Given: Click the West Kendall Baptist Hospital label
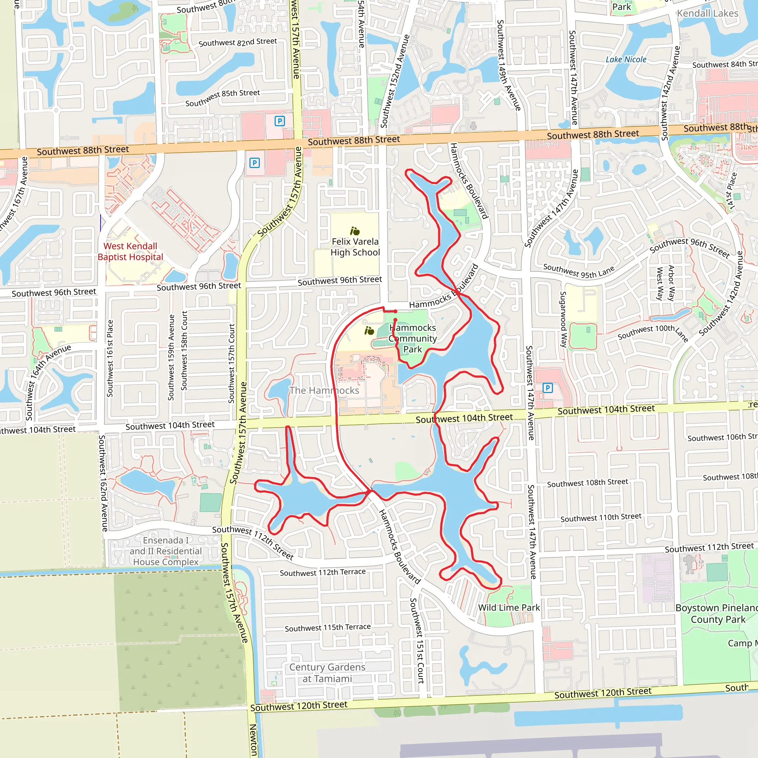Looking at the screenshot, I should click(130, 251).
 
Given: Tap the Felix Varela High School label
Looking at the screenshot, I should click(355, 247).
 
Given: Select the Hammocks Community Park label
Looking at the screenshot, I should click(412, 338).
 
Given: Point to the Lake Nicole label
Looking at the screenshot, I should click(626, 60).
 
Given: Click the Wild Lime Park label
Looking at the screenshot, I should click(509, 608).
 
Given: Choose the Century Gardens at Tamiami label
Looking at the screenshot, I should click(327, 673).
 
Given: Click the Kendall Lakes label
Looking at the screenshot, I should click(707, 13).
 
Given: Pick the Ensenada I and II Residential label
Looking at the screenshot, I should click(165, 551).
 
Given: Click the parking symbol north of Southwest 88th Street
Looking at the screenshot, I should click(279, 121).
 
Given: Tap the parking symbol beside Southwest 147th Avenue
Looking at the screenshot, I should click(547, 388).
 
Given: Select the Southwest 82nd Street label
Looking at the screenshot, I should click(238, 42).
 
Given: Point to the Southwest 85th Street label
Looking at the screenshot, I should click(222, 97).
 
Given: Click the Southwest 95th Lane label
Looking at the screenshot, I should click(579, 271).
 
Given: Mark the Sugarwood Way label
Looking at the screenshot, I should click(563, 319).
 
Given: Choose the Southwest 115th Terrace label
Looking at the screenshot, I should click(328, 627).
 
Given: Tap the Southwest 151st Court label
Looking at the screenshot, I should click(417, 640).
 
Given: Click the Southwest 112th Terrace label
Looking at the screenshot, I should click(322, 573).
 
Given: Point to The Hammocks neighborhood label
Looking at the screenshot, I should click(324, 390).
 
